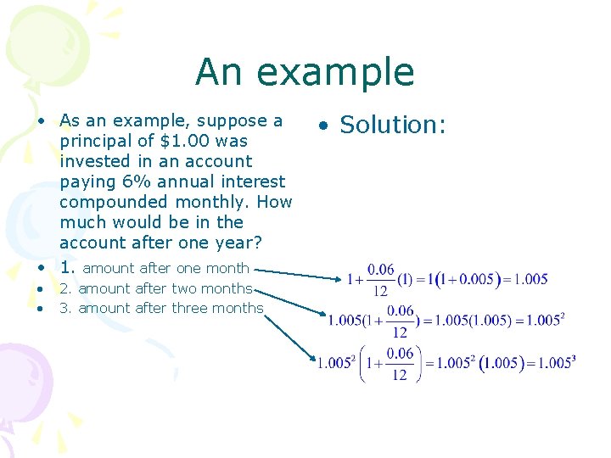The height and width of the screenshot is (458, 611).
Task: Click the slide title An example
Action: pyautogui.click(x=305, y=72)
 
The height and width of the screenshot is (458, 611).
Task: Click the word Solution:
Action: pyautogui.click(x=393, y=125)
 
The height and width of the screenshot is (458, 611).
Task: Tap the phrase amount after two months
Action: pyautogui.click(x=165, y=289)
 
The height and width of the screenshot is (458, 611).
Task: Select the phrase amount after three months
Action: pyautogui.click(x=171, y=308)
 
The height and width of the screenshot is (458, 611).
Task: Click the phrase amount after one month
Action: pyautogui.click(x=166, y=268)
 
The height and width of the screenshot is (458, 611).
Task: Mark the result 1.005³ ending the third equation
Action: pyautogui.click(x=554, y=363)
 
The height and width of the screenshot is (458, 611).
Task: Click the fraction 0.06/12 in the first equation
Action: pyautogui.click(x=381, y=279)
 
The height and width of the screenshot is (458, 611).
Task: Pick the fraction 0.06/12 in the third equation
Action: pyautogui.click(x=400, y=363)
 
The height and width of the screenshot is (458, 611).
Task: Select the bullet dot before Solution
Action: pyautogui.click(x=323, y=126)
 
